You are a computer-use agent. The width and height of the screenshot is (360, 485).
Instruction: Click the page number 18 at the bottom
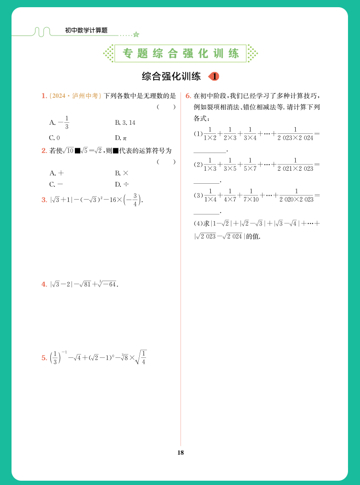tap(180, 452)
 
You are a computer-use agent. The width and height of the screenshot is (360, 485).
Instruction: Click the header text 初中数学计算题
tap(86, 30)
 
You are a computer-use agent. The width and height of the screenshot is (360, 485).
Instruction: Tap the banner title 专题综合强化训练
tap(180, 54)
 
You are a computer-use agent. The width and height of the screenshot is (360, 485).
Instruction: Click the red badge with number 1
tap(214, 76)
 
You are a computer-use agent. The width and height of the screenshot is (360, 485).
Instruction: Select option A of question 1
tap(60, 122)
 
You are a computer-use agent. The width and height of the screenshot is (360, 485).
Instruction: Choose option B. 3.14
tap(125, 123)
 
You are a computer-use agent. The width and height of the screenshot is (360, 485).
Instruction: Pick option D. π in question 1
tap(120, 138)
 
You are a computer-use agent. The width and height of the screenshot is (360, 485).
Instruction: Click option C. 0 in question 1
tap(54, 138)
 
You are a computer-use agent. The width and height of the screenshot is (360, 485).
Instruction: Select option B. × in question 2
tap(122, 173)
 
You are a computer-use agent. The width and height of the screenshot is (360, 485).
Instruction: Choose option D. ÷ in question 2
tap(122, 184)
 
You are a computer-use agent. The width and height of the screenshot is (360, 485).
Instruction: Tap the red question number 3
tap(44, 200)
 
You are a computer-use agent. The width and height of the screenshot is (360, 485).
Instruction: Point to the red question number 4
tap(44, 284)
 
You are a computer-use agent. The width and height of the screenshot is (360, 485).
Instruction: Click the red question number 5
tap(44, 357)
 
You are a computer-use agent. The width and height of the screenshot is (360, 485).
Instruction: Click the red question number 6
tap(188, 95)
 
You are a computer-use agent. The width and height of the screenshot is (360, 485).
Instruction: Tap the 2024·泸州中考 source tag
tap(75, 96)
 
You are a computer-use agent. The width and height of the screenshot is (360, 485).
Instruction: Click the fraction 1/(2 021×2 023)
tap(295, 165)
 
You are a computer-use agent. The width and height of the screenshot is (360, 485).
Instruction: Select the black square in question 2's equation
tap(77, 151)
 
